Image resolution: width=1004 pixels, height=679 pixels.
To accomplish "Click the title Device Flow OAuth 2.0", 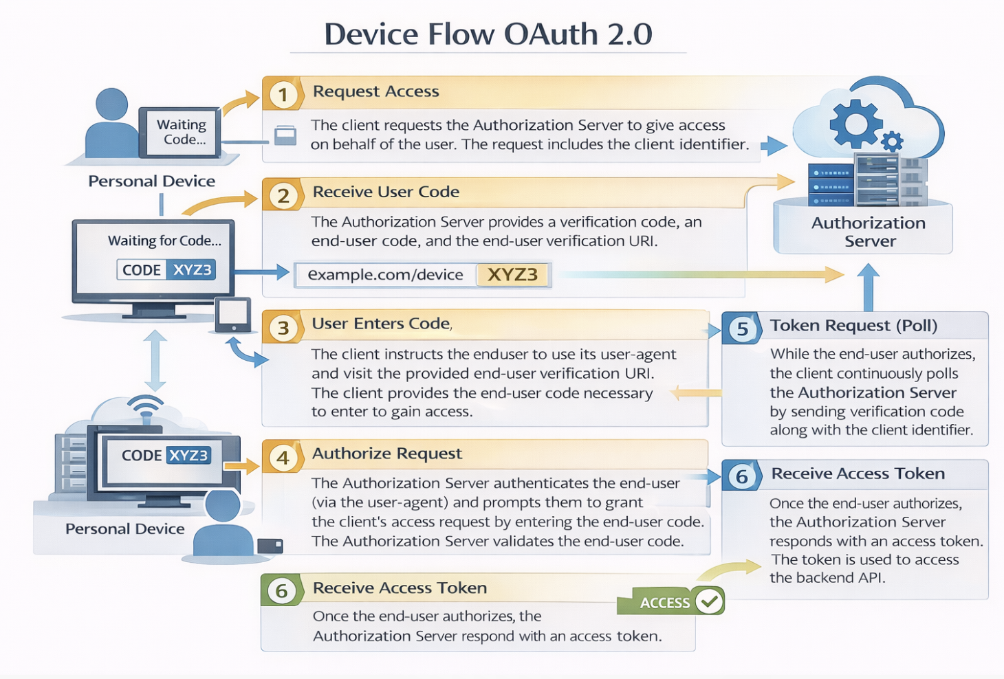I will coord(488,34).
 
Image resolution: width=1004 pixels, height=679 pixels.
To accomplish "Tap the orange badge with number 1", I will coord(283,94).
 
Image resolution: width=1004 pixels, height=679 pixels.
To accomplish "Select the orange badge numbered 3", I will coord(283,328).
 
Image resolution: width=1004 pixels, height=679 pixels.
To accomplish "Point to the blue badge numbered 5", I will coord(742,329).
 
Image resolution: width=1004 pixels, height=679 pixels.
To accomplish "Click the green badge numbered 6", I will coord(281,590).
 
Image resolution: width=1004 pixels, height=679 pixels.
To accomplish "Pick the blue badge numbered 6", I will coord(741,476).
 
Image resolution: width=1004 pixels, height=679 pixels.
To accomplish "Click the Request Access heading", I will coord(375,91).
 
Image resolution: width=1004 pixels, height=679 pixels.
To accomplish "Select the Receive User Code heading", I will coord(386,192).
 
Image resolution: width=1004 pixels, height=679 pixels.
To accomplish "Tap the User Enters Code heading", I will coord(382,324).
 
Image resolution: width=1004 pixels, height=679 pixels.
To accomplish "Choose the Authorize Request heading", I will coord(386,454).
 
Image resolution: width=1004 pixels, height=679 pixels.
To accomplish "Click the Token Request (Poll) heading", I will coord(853,326).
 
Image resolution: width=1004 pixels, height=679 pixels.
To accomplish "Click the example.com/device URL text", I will coord(385,275).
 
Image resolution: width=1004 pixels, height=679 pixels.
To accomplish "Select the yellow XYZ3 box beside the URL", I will coord(512,275).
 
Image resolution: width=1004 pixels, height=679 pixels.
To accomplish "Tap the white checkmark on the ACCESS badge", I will coord(709,601).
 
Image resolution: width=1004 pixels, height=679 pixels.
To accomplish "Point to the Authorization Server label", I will coord(869,232).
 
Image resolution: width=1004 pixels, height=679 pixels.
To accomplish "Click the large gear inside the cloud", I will coord(855,124).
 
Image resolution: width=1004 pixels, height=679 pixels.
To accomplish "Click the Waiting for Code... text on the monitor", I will coord(164,241).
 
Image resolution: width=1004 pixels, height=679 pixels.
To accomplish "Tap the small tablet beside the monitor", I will coord(232,315).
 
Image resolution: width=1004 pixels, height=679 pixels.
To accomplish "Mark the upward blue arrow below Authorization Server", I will coord(868,287).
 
